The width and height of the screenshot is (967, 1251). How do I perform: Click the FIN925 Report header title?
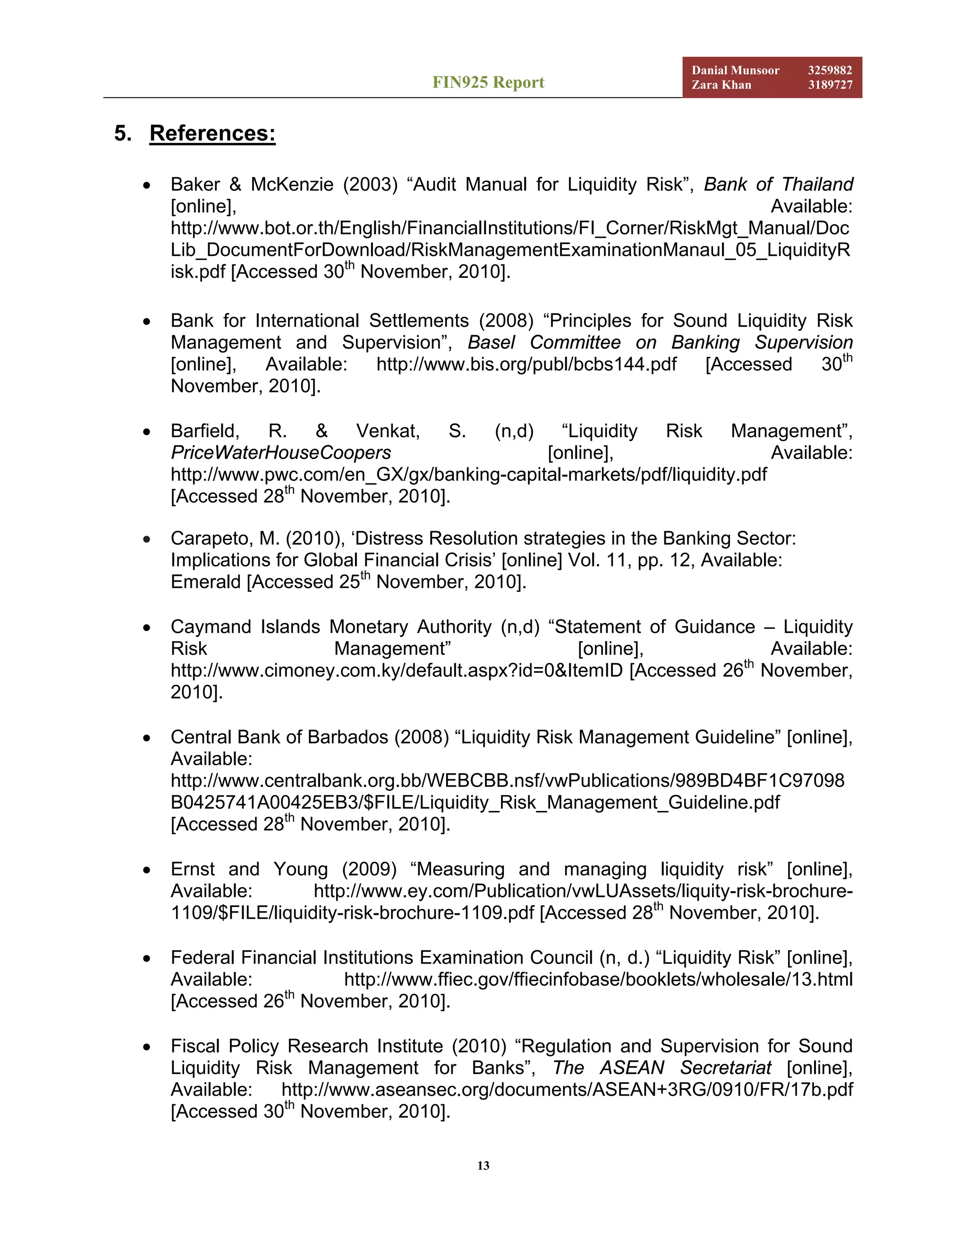pos(488,83)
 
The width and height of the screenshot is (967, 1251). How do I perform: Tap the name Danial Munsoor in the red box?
pos(735,70)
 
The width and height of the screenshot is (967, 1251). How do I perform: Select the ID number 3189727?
pos(830,85)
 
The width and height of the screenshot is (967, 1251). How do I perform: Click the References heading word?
pos(212,134)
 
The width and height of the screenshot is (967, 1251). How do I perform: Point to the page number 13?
pos(483,1166)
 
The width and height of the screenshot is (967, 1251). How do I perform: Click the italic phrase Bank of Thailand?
pos(778,185)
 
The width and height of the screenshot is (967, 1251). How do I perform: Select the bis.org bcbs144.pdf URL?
pos(526,364)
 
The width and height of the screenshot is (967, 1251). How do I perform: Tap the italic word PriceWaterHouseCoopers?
pos(281,453)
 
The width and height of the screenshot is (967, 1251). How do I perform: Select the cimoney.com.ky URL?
pos(397,670)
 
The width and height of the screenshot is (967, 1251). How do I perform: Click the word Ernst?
pos(193,869)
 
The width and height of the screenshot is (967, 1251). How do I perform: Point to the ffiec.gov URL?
pos(598,980)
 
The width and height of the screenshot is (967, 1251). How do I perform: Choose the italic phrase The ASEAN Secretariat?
pos(662,1068)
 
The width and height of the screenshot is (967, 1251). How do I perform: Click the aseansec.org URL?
pos(567,1090)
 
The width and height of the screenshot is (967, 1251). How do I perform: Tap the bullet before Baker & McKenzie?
pos(147,186)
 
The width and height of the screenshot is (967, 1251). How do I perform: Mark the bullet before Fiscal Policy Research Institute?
pos(147,1047)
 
